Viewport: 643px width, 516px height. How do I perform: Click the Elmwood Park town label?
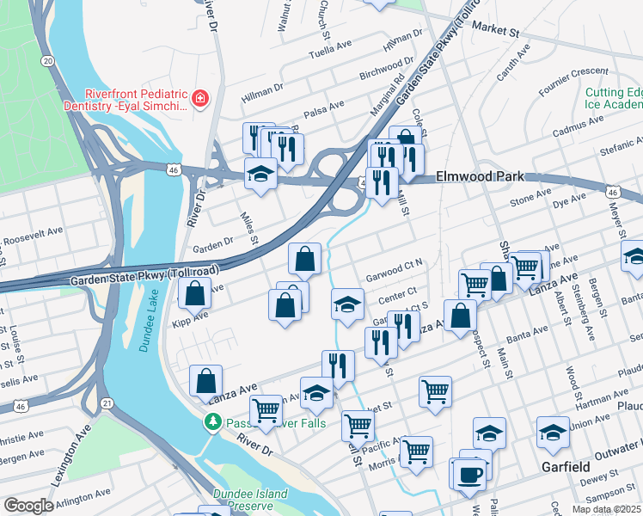tap(480, 176)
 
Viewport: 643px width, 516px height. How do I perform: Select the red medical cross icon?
tap(200, 99)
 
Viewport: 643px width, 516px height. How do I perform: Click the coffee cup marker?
tap(469, 475)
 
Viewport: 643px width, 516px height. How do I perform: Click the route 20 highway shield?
tap(48, 60)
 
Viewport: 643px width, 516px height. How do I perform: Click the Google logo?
tap(28, 506)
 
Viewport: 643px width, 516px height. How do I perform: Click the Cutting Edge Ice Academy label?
tap(613, 98)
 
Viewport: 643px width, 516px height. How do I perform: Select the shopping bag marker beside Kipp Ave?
tap(196, 293)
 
